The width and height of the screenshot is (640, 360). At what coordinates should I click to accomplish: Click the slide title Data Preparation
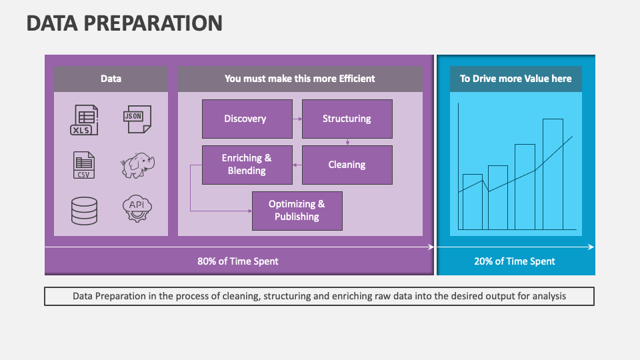tap(125, 23)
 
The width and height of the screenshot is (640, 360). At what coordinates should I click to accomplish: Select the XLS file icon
tap(85, 120)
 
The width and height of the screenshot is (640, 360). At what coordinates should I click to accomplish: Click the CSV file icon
tap(84, 165)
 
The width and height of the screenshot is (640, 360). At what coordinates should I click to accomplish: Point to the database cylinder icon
tap(84, 211)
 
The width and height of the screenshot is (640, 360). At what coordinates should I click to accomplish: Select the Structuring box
tap(347, 119)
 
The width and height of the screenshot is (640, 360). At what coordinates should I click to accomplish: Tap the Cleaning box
tap(347, 165)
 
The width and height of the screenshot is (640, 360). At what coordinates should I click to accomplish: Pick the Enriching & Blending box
tap(247, 165)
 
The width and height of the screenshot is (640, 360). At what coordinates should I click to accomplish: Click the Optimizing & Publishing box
tap(297, 211)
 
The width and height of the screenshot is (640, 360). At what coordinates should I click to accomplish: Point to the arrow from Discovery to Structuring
tap(297, 119)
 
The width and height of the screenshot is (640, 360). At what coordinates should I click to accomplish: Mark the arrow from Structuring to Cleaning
tap(347, 141)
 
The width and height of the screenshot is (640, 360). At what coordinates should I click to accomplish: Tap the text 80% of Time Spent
tap(238, 261)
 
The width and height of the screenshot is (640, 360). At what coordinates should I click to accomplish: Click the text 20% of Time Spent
tap(515, 261)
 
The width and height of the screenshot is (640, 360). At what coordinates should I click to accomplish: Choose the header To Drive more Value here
tap(515, 79)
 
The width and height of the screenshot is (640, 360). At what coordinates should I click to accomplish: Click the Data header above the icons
tap(111, 79)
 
